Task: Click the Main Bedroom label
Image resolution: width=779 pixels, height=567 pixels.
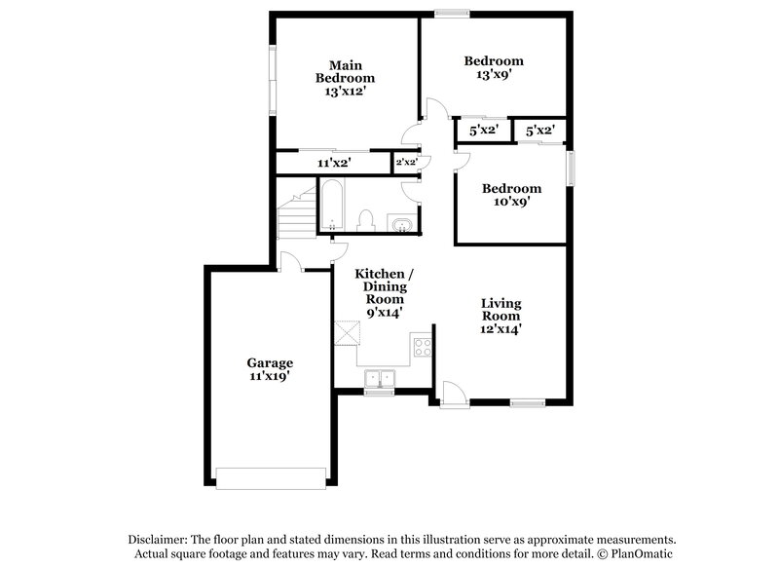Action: tap(345, 78)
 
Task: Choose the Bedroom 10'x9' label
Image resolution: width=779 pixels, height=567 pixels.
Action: tap(511, 196)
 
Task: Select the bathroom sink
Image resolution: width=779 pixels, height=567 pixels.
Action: tap(401, 227)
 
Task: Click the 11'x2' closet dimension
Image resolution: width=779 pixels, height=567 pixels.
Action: tap(334, 163)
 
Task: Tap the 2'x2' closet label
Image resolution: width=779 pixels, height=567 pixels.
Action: tap(406, 163)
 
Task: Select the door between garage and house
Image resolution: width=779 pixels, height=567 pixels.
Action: tap(289, 261)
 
